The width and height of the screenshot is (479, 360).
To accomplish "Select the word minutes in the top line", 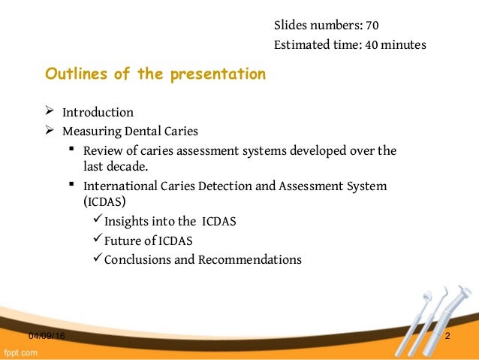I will pos(405,45).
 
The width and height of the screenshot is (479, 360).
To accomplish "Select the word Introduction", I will pos(98,113).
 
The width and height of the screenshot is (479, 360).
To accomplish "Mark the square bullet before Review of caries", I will pos(71,150).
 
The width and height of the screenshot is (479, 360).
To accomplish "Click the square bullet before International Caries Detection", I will pos(71,184).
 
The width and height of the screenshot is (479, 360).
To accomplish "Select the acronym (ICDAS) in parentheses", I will pos(104,201).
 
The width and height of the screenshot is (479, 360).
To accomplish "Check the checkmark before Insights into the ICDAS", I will pos(95,220).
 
